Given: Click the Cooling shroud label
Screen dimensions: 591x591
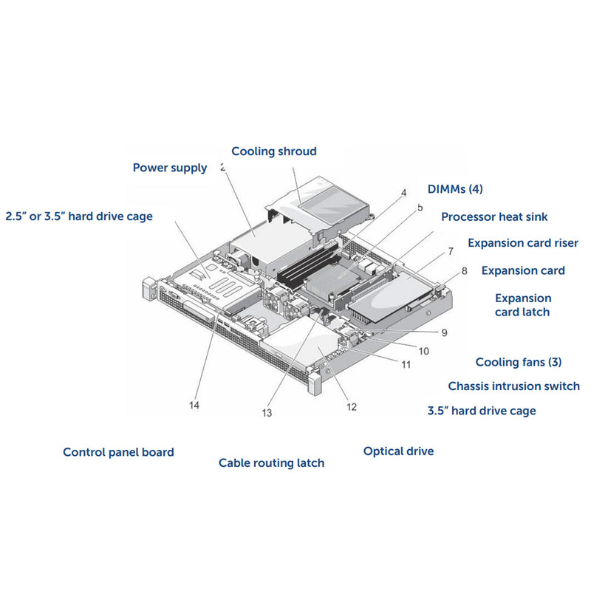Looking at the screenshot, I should click(273, 151).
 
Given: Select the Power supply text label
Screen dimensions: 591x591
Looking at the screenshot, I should click(170, 168).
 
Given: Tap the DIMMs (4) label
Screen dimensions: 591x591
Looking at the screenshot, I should click(455, 189).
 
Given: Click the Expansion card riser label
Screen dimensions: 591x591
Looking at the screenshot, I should click(523, 243).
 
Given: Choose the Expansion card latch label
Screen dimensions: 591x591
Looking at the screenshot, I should click(523, 305).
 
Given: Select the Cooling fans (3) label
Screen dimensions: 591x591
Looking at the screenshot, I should click(519, 362).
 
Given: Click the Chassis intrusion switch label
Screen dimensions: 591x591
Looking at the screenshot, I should click(513, 386).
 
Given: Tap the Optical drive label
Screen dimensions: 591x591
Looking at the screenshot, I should click(398, 451).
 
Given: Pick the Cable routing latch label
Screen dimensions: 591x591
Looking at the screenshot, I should click(271, 463).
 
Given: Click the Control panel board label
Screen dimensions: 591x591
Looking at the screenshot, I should click(118, 452).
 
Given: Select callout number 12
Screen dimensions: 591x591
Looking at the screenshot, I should click(351, 406).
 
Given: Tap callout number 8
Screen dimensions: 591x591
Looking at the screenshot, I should click(464, 271).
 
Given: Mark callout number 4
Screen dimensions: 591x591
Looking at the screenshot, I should click(403, 193).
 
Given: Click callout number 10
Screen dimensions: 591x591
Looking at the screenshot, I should click(423, 351).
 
